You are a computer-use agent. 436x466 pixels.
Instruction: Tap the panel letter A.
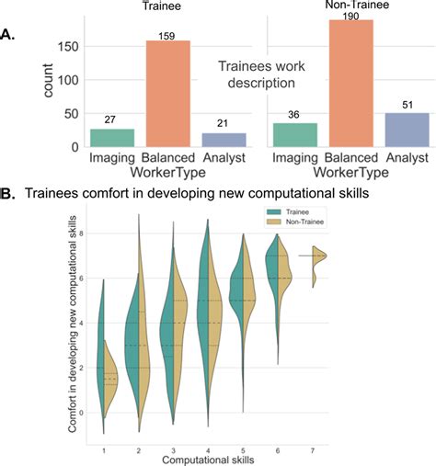(x=8, y=36)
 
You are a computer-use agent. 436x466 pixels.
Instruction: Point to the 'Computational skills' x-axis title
(x=208, y=457)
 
